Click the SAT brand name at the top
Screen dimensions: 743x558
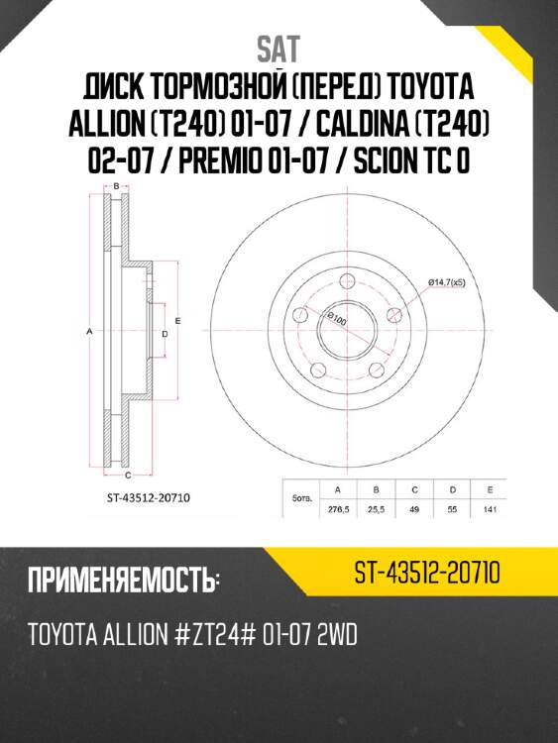click(278, 48)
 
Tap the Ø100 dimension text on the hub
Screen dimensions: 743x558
click(335, 319)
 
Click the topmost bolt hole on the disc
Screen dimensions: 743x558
click(353, 281)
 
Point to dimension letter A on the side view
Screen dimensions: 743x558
click(89, 332)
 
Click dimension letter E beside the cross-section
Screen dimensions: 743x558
click(177, 321)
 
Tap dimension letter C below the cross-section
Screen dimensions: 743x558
click(129, 476)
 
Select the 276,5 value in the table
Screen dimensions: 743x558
click(338, 509)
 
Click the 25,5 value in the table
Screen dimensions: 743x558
click(376, 509)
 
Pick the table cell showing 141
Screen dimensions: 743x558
click(489, 509)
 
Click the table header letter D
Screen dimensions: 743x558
click(452, 490)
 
